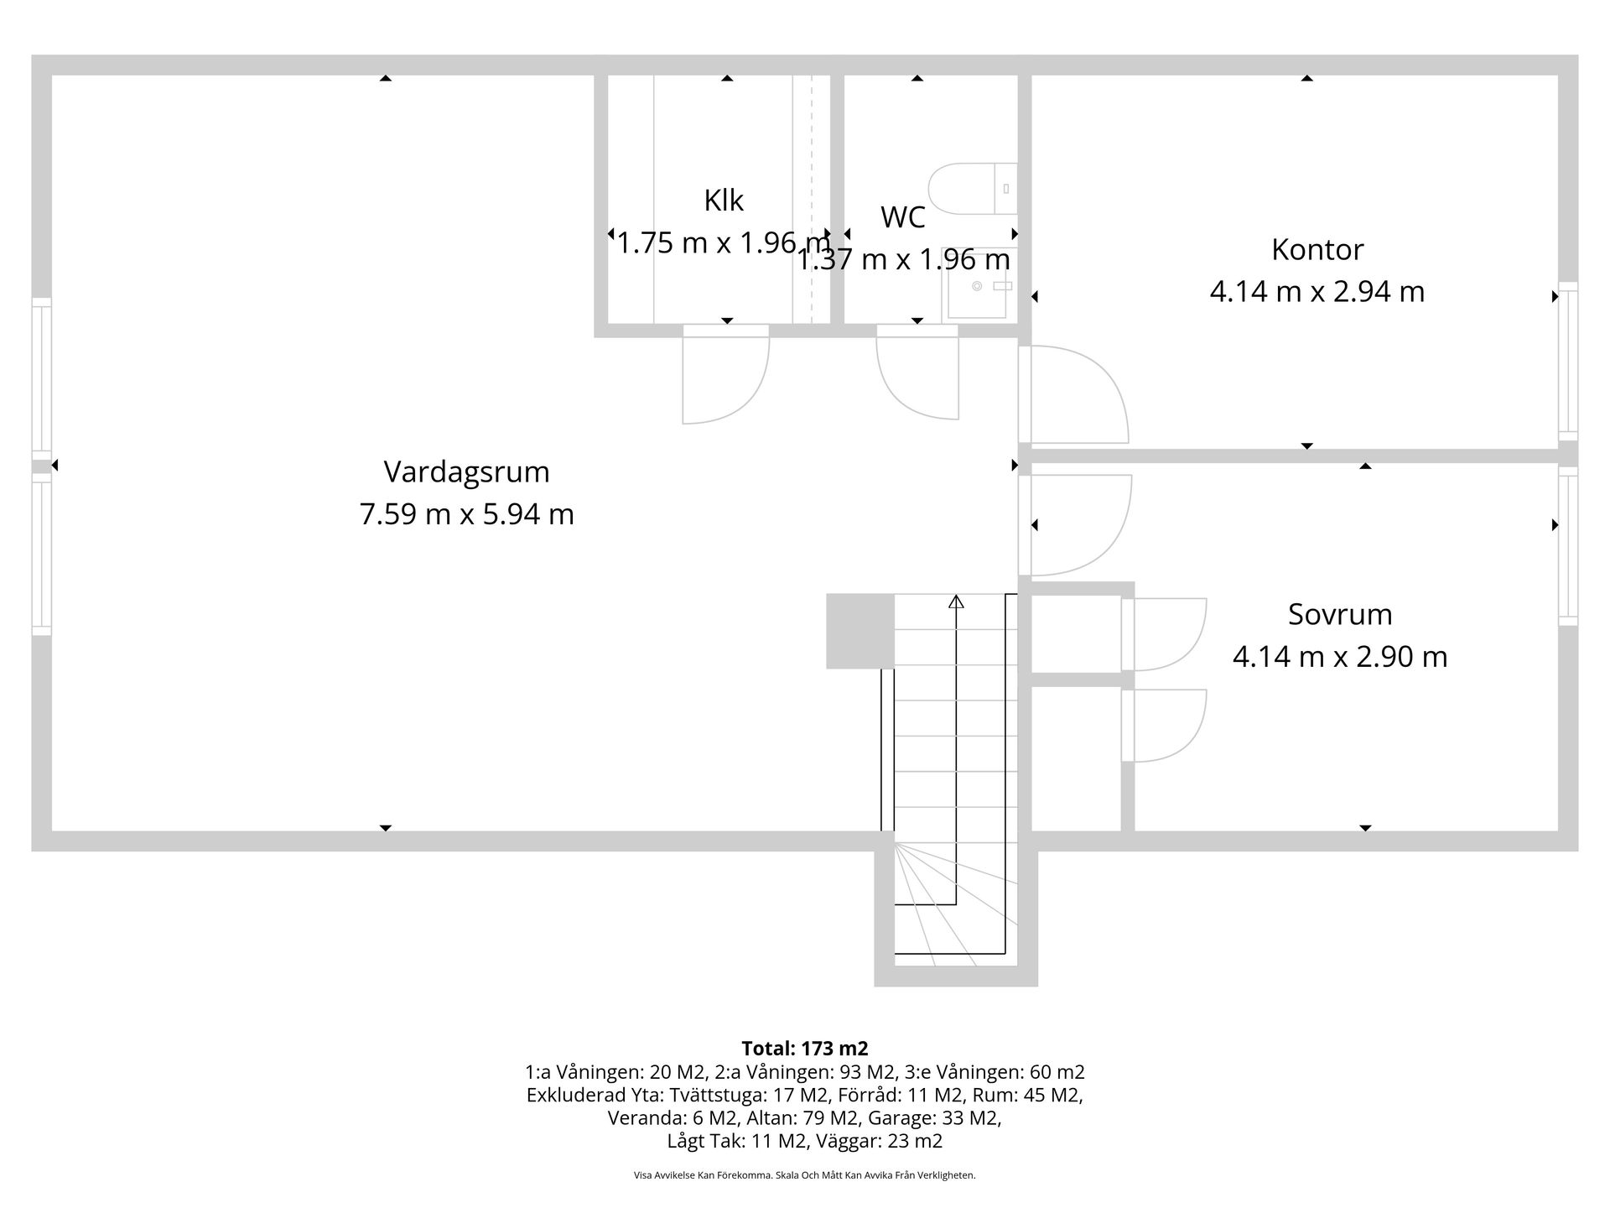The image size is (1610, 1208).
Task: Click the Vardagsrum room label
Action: [x=466, y=471]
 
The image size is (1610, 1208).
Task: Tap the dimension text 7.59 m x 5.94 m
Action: [x=466, y=513]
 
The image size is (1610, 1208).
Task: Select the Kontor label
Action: [x=1317, y=249]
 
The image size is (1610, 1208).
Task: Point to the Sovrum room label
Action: [x=1340, y=614]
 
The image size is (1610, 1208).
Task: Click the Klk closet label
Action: [x=724, y=200]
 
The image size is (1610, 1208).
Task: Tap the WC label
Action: [x=903, y=217]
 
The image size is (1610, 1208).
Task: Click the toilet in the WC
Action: [x=973, y=189]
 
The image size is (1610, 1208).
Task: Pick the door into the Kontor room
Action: [x=1073, y=394]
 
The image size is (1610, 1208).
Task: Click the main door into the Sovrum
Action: [x=1075, y=524]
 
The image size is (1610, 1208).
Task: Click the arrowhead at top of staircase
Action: [x=956, y=601]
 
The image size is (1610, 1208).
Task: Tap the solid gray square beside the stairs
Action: [x=860, y=631]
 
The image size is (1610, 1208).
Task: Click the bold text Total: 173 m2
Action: [x=804, y=1049]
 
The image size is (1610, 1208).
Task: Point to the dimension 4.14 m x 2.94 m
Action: [x=1317, y=292]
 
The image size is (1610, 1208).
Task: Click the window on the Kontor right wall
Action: [x=1567, y=361]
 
